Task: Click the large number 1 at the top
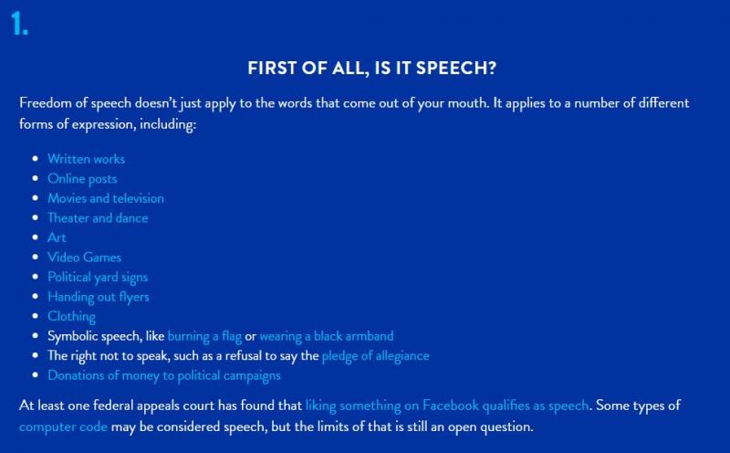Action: (18, 24)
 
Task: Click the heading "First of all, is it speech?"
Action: (372, 68)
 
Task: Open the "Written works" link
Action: (86, 159)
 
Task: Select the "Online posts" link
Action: (82, 179)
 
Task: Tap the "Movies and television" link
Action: (106, 198)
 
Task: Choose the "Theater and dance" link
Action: (98, 217)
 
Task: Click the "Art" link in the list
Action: (57, 237)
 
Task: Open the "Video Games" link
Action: (84, 258)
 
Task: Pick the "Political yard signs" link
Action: (98, 278)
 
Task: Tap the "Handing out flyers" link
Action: (99, 297)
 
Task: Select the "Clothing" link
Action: (72, 316)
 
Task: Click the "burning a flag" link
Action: (204, 336)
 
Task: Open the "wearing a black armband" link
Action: (327, 336)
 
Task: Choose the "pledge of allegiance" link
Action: (376, 355)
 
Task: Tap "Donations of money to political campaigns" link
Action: (164, 375)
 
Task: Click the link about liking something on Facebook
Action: (447, 406)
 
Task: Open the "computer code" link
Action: (63, 427)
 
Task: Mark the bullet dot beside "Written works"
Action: (36, 159)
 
